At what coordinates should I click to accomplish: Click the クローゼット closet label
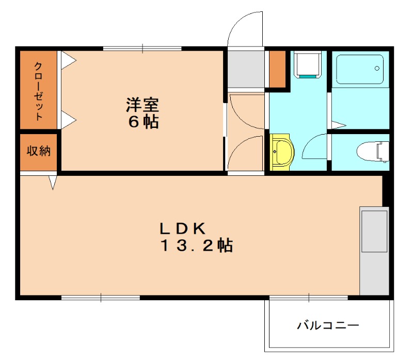(39, 91)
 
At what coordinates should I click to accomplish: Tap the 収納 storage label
(39, 152)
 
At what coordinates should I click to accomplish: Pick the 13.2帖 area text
(196, 246)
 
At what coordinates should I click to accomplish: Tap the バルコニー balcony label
(327, 326)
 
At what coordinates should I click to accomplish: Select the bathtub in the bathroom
(360, 69)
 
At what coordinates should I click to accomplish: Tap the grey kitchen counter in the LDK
(374, 251)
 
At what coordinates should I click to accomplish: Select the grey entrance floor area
(246, 69)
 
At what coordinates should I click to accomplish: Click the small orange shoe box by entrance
(277, 69)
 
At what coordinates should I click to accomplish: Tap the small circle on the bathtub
(377, 68)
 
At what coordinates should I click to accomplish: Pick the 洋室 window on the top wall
(142, 49)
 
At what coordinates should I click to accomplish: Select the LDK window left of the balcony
(101, 298)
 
